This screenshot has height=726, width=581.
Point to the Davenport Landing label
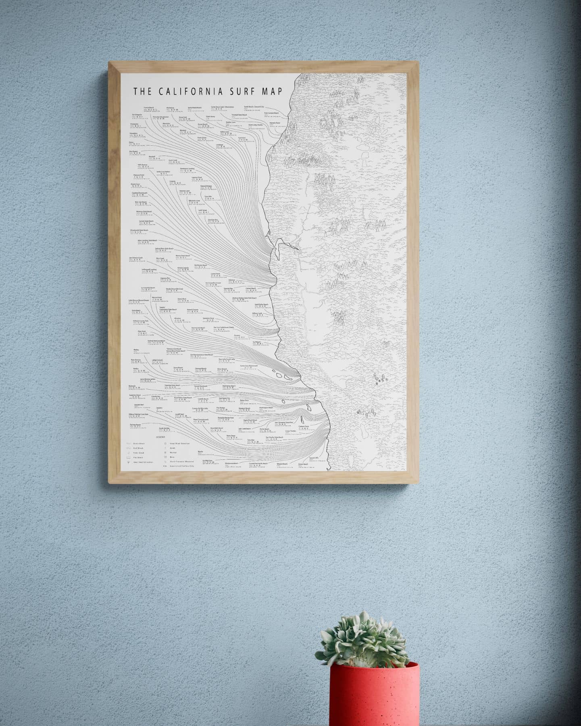click(187, 169)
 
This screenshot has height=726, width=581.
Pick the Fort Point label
click(242, 138)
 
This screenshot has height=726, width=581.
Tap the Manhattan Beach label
click(227, 386)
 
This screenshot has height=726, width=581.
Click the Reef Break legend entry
click(139, 447)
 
